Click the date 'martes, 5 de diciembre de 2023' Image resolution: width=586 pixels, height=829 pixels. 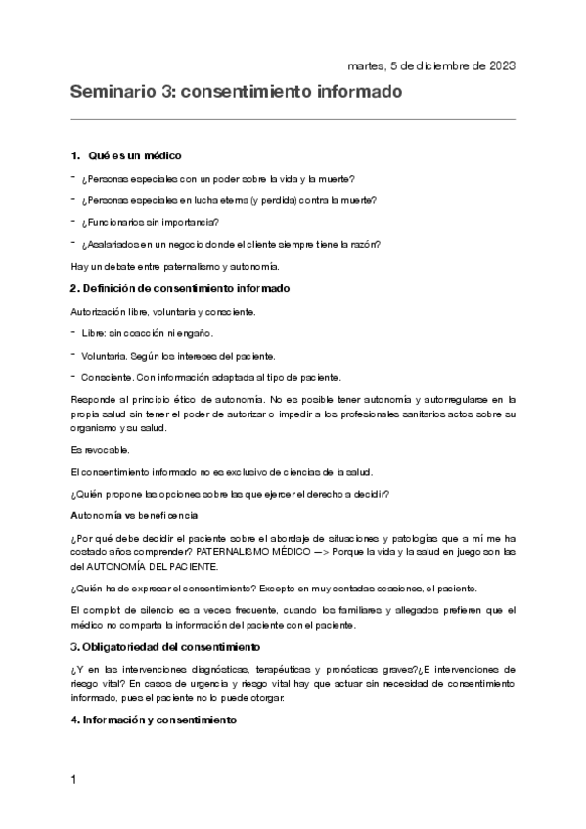pyautogui.click(x=431, y=65)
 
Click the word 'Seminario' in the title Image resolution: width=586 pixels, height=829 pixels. pyautogui.click(x=111, y=93)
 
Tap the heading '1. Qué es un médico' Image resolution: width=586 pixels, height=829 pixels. pyautogui.click(x=126, y=156)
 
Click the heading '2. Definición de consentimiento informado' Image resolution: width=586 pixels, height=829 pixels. pyautogui.click(x=179, y=288)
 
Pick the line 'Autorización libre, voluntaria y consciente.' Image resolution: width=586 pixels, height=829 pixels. pyautogui.click(x=163, y=312)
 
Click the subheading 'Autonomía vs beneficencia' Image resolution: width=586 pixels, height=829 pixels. pyautogui.click(x=134, y=514)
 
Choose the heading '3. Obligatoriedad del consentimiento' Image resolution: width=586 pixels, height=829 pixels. pyautogui.click(x=164, y=647)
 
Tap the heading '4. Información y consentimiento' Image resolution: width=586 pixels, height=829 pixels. pyautogui.click(x=154, y=720)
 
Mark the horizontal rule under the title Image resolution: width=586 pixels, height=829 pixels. pyautogui.click(x=293, y=119)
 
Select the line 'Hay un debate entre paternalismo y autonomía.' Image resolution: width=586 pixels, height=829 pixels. pyautogui.click(x=175, y=266)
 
